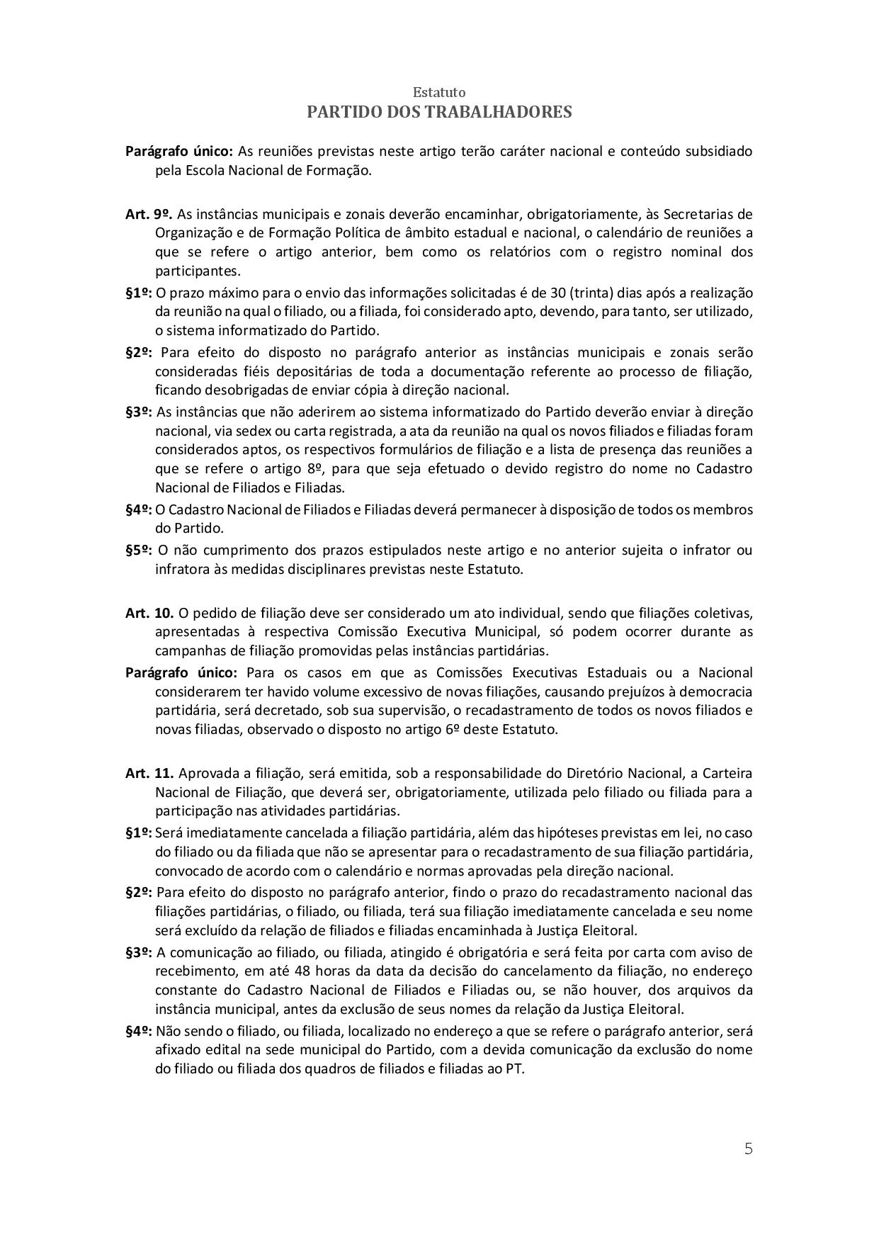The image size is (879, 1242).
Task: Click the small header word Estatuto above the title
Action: pos(439,93)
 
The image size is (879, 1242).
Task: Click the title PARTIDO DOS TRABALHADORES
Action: pos(439,112)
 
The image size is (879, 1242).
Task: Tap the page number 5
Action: pos(748,1148)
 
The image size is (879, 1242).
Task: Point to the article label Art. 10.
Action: pos(149,612)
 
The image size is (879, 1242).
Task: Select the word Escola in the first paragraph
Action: pos(205,170)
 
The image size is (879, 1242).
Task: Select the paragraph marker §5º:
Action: pos(140,550)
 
